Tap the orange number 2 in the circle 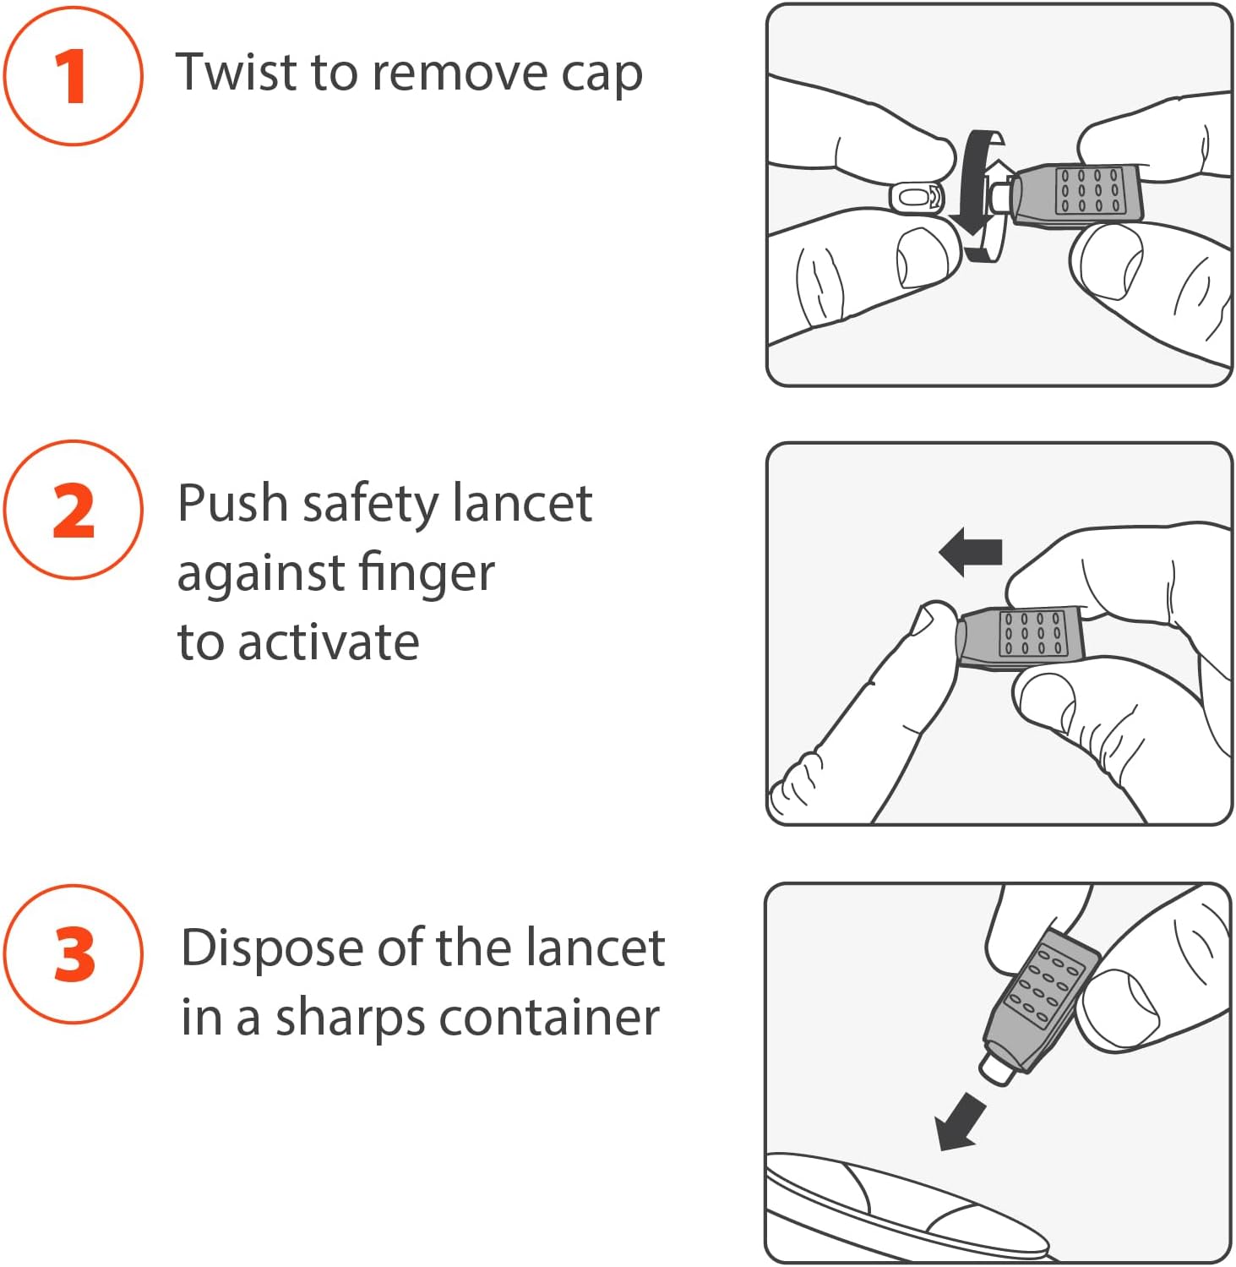(73, 511)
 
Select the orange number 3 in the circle (74, 954)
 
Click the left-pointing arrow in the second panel (970, 552)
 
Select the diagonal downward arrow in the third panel (961, 1122)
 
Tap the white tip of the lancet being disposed (998, 1068)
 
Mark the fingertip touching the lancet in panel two (934, 621)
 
